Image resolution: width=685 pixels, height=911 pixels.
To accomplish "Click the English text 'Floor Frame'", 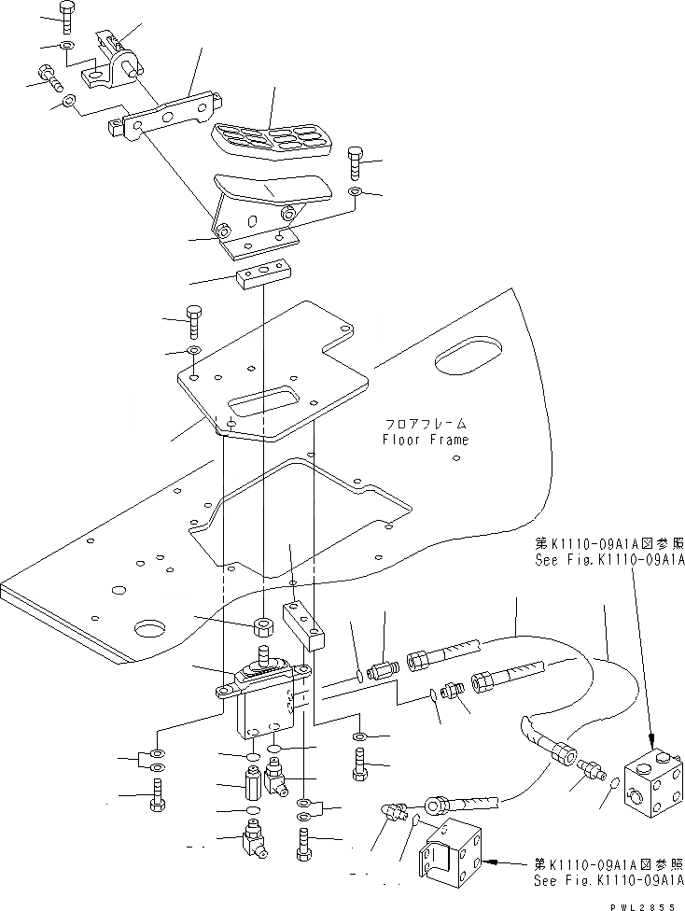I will pos(426,440).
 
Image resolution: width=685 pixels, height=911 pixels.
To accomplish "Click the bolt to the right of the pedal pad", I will pos(355,165).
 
